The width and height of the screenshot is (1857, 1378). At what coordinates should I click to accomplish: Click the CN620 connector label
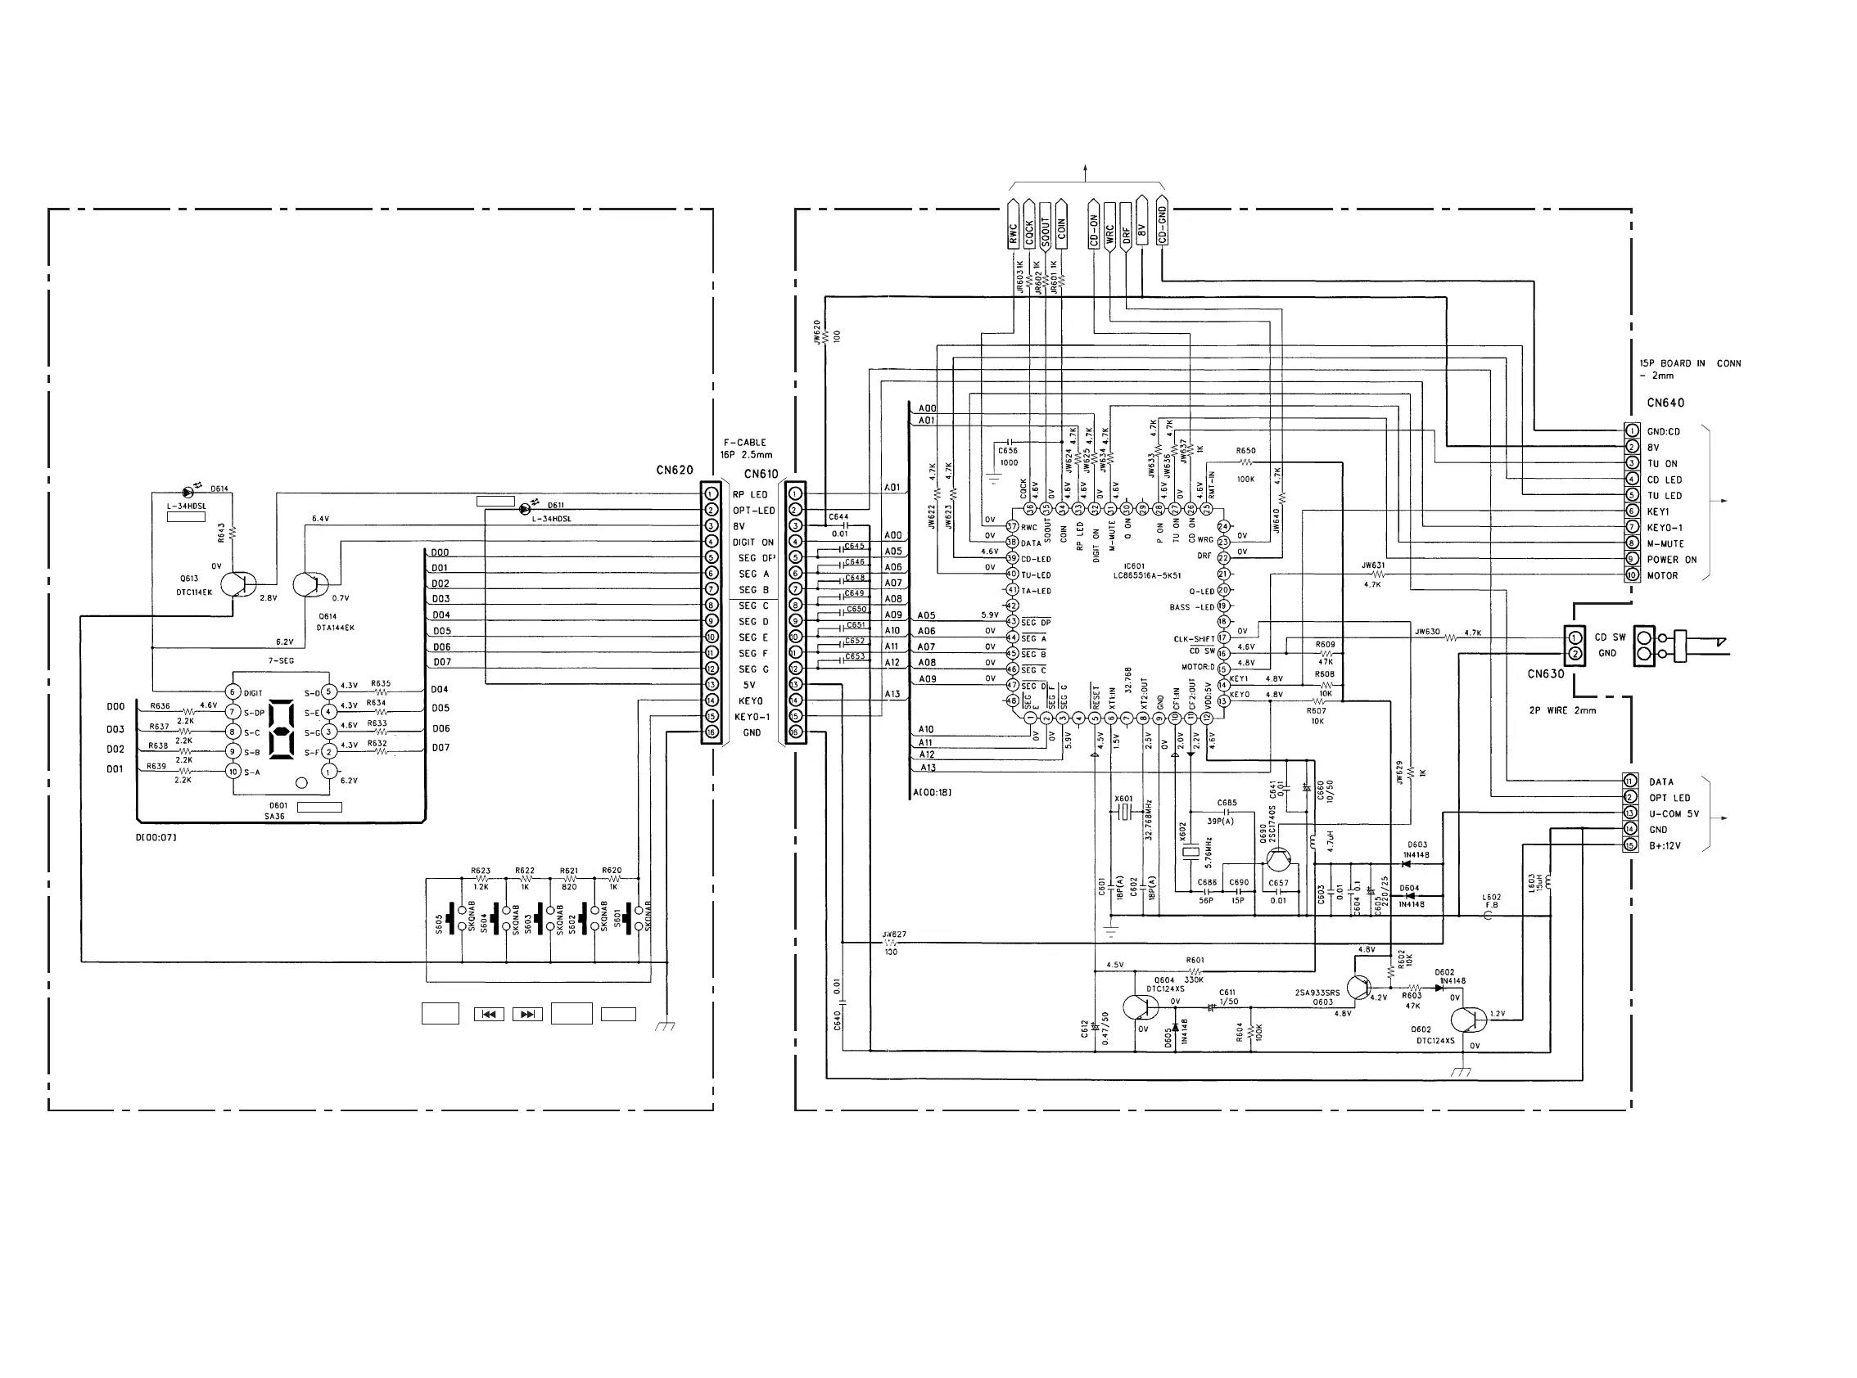(675, 471)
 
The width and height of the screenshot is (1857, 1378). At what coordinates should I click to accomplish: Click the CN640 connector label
(1665, 403)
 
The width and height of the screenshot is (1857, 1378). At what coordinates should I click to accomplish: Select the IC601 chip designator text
(1134, 566)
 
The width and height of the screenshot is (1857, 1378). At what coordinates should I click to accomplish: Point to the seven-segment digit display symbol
(282, 730)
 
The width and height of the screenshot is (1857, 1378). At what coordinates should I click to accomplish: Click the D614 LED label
(219, 489)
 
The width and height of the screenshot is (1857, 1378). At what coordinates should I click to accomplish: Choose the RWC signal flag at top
(1013, 227)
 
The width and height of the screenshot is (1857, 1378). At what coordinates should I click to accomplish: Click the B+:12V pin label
(1665, 846)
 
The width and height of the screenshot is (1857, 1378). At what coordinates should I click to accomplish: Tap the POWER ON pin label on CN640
(1671, 560)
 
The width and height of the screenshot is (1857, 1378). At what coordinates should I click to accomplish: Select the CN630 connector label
(1546, 674)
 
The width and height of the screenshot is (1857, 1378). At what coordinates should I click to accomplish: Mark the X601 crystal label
(1123, 799)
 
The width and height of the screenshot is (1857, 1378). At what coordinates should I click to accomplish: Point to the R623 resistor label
(481, 871)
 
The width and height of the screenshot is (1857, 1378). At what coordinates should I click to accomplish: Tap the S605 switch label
(439, 922)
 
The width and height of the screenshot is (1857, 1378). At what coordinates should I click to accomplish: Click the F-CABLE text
(744, 443)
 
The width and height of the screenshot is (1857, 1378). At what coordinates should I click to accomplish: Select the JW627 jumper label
(894, 935)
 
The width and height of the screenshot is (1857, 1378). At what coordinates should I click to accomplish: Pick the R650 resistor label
(1245, 451)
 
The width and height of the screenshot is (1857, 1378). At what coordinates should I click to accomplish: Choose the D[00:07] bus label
(156, 836)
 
